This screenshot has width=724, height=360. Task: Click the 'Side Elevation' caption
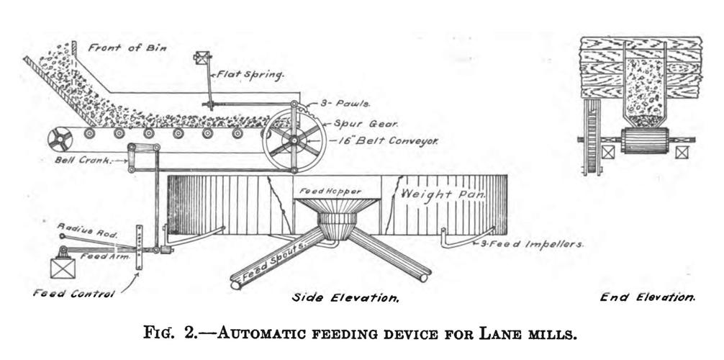(x=345, y=297)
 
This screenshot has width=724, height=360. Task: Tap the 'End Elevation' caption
(x=648, y=297)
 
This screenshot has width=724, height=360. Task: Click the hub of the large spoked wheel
(x=294, y=141)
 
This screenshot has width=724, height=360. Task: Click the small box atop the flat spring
(x=202, y=58)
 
